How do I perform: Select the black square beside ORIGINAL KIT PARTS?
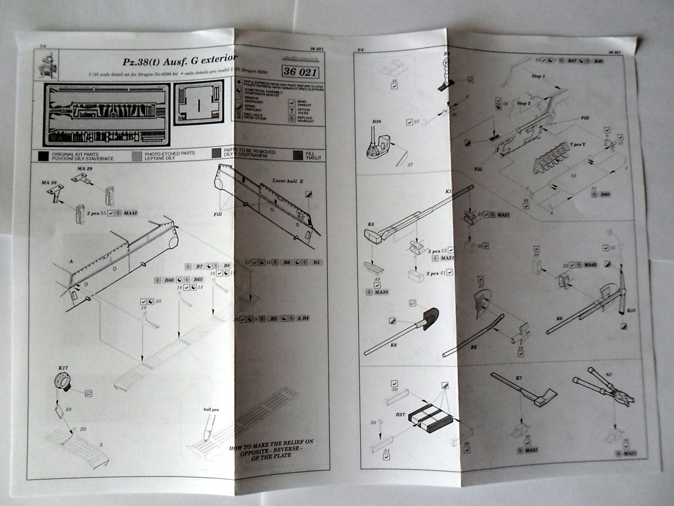pos(42,155)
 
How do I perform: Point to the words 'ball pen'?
pos(212,408)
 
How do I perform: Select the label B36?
pos(376,122)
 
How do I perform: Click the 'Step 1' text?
pos(536,76)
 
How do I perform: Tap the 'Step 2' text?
pos(523,104)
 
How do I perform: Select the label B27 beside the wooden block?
pos(400,415)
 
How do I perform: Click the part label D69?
pos(605,194)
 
